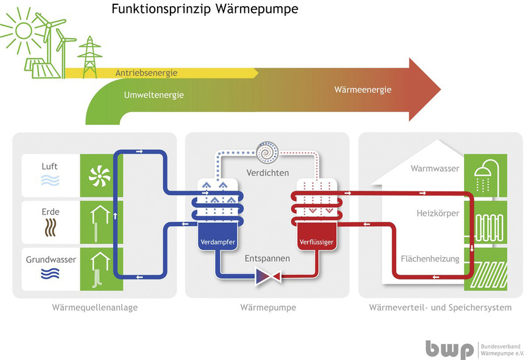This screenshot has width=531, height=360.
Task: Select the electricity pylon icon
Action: pyautogui.click(x=90, y=57)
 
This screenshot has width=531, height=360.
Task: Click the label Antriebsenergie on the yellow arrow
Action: pyautogui.click(x=146, y=73)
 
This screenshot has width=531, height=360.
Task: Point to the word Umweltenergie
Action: pyautogui.click(x=153, y=95)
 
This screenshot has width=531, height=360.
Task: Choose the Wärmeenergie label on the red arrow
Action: pyautogui.click(x=362, y=90)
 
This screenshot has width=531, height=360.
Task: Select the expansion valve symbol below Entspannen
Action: pyautogui.click(x=267, y=277)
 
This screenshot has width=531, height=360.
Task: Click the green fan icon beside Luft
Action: pyautogui.click(x=98, y=175)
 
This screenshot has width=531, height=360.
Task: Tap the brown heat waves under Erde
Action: pyautogui.click(x=50, y=228)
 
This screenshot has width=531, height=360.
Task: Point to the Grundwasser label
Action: pyautogui.click(x=51, y=259)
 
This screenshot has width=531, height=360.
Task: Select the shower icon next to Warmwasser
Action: pyautogui.click(x=485, y=175)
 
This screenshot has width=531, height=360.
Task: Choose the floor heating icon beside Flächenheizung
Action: pyautogui.click(x=485, y=268)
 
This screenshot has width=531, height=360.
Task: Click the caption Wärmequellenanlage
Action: pyautogui.click(x=95, y=308)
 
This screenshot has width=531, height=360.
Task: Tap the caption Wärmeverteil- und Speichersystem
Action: pyautogui.click(x=440, y=308)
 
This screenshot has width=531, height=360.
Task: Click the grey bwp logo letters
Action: pyautogui.click(x=449, y=349)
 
